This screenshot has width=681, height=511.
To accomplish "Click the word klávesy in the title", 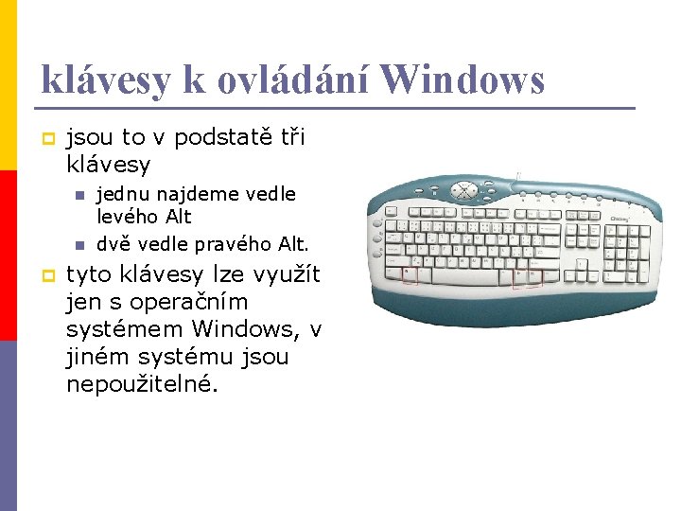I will (x=104, y=81).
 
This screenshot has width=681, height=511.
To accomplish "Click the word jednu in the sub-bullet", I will (x=122, y=194).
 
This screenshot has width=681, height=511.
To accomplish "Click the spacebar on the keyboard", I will (x=464, y=275).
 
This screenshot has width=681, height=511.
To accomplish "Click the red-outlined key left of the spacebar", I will (x=410, y=274).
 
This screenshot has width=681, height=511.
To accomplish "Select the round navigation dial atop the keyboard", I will (x=464, y=189).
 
